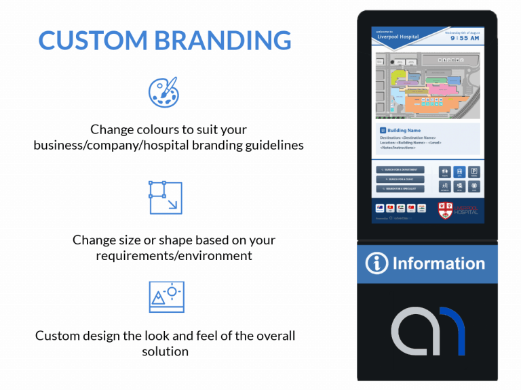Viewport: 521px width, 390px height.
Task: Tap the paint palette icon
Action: click(163, 92)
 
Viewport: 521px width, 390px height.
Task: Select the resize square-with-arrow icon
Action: click(166, 197)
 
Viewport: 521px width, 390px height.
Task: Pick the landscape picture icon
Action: click(166, 296)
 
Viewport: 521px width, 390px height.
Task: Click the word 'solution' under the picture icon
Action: click(165, 351)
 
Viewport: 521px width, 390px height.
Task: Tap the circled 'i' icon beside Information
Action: click(377, 264)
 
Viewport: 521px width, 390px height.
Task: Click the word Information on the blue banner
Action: click(438, 264)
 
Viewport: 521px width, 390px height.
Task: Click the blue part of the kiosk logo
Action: click(456, 331)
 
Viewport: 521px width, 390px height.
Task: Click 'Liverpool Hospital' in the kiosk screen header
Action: click(398, 37)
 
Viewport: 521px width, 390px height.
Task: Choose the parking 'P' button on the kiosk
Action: click(475, 173)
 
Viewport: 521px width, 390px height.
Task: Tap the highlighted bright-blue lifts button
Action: click(459, 173)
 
